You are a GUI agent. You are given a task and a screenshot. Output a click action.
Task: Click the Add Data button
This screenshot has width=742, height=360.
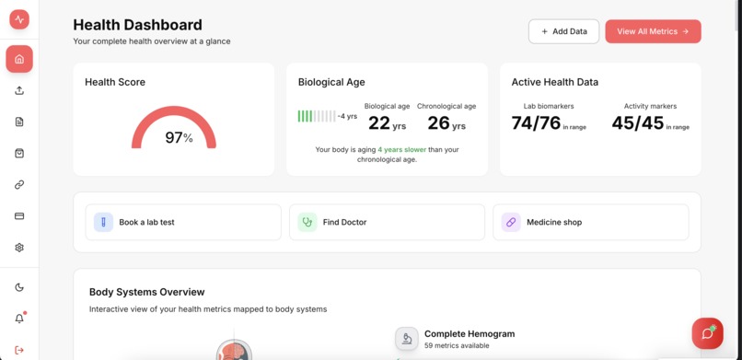click(x=563, y=31)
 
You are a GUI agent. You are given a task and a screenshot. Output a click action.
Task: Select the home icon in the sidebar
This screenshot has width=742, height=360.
click(x=19, y=59)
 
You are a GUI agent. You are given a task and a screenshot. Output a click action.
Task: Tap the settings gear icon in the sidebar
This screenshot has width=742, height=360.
click(x=19, y=248)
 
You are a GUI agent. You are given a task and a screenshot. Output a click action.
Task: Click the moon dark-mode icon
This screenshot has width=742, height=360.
click(x=19, y=287)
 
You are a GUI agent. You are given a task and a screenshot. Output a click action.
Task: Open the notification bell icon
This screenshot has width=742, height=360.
click(x=19, y=319)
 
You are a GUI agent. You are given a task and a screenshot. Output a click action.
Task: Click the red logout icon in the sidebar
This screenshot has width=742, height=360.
click(x=19, y=349)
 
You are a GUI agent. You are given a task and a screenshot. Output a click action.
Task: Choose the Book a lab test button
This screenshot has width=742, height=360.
click(x=183, y=222)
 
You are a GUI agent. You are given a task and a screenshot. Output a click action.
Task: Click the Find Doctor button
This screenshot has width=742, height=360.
click(x=387, y=222)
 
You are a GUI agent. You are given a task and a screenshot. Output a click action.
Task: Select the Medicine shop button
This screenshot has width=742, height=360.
click(x=590, y=222)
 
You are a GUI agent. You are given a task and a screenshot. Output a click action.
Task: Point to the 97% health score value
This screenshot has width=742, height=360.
click(x=179, y=138)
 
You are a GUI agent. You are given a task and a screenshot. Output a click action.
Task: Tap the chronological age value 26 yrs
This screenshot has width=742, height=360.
click(x=446, y=123)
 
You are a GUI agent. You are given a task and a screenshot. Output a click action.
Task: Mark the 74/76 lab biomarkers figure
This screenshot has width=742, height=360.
click(x=536, y=123)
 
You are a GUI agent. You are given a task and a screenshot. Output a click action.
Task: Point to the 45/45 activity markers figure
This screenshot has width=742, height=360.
click(x=637, y=123)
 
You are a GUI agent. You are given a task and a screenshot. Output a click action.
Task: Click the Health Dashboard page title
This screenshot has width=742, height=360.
click(x=137, y=25)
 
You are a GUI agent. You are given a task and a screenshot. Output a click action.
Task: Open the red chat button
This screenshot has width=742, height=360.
click(x=707, y=333)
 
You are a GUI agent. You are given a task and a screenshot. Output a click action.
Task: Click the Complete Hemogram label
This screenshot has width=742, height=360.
click(x=469, y=333)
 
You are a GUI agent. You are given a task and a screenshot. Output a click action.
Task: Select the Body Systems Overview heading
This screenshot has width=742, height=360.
click(x=146, y=292)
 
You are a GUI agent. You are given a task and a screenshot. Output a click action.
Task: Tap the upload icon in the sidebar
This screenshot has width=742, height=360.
click(x=19, y=90)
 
